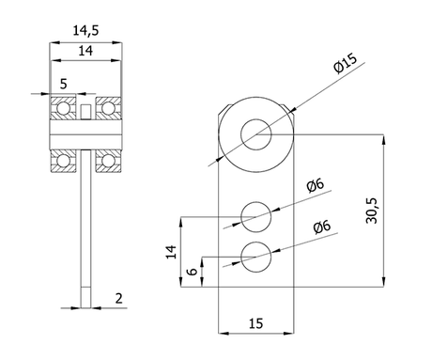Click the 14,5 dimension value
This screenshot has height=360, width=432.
[85, 31]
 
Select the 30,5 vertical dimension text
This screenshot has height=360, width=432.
[372, 211]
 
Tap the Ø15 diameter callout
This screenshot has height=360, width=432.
[346, 64]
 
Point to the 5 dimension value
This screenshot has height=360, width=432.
[63, 84]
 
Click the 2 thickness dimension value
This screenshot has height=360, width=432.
[118, 299]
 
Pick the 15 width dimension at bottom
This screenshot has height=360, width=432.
[256, 323]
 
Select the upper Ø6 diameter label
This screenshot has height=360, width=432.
[316, 186]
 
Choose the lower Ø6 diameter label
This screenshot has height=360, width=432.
[322, 227]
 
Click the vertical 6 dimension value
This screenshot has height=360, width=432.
[193, 271]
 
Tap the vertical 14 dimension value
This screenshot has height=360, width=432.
[171, 252]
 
